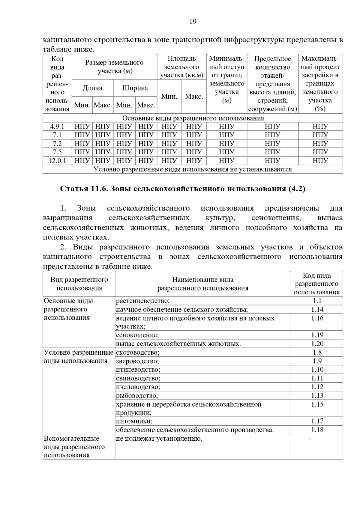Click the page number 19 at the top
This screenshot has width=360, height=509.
pos(193,22)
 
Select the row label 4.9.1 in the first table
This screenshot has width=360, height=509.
pos(57,127)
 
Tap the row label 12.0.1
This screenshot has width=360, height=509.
pos(57,161)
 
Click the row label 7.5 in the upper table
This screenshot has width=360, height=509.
pos(57,152)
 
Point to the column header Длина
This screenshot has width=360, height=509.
pos(92,88)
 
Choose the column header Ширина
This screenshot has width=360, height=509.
pos(135,88)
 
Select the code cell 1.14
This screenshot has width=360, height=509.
pos(317,309)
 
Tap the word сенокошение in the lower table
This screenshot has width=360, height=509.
pos(137,335)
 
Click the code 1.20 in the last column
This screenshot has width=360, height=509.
pos(317,344)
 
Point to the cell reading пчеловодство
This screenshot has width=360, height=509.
pos(138,387)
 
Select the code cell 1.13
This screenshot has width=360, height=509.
pos(317,396)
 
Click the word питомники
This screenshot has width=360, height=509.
pos(134,421)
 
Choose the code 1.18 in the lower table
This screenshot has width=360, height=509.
pos(317,430)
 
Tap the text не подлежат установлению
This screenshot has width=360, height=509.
pos(159,439)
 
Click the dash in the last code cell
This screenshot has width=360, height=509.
pos(310,439)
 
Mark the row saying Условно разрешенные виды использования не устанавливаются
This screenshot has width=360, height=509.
pos(193,169)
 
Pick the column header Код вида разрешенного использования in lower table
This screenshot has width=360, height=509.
pos(316,284)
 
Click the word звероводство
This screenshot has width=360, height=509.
pos(137,361)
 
